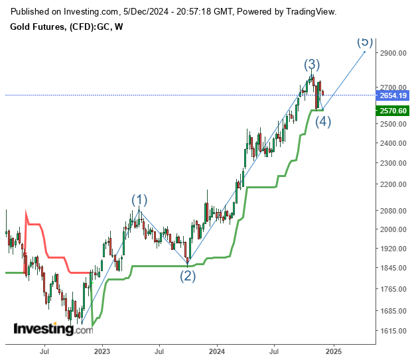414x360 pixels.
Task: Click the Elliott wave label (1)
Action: tap(139, 200)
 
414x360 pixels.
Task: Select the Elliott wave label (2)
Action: tap(188, 276)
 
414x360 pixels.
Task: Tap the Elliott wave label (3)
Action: tap(312, 65)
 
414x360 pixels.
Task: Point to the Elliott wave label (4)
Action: tap(323, 121)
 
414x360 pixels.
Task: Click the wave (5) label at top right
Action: tap(365, 41)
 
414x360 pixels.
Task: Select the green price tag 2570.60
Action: tap(393, 111)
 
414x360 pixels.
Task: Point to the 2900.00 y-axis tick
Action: tap(393, 53)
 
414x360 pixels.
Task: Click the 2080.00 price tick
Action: tap(393, 211)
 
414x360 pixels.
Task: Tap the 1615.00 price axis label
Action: tap(393, 331)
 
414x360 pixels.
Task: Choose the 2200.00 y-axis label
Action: tap(393, 184)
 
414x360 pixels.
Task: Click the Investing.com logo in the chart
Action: tap(53, 328)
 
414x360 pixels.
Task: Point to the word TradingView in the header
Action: tap(311, 12)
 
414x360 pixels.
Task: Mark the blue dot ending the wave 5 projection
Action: tap(365, 52)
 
